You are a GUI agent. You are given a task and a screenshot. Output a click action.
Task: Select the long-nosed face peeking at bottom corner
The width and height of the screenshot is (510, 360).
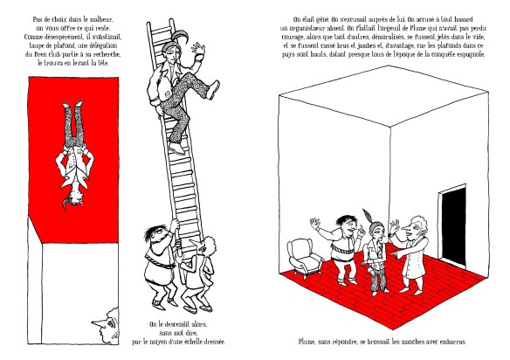[107, 325]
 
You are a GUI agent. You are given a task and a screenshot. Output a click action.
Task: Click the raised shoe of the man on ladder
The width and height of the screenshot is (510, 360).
[214, 89]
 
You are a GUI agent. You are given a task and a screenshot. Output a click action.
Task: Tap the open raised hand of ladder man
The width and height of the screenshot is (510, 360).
[198, 51]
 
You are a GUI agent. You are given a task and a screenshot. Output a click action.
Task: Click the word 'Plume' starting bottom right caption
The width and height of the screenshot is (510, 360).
[307, 342]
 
